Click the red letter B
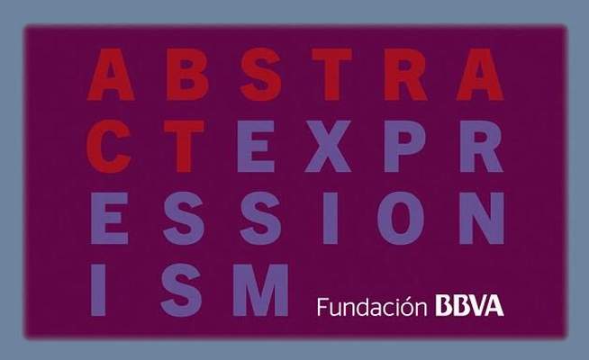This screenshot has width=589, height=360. pos(187,75)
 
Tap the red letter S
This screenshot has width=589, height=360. pos(260,75)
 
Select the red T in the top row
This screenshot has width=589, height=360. pos(331,75)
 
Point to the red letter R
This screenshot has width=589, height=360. pos(405,75)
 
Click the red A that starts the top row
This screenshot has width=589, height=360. pos(111,75)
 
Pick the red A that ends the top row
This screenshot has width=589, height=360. pos(480,75)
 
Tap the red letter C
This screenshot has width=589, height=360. pos(109,147)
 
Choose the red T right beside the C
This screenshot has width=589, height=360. pos(184,147)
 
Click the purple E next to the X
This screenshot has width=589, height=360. pos(256,147)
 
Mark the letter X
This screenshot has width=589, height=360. pos(328,147)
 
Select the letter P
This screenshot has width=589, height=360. pos(404,147)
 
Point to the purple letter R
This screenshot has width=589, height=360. pos(481,147)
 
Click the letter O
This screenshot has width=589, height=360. pos(401,219)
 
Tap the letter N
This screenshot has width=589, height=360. pos(482,219)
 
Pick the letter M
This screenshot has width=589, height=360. pos(260,290)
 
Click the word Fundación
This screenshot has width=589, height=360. pos(372,307)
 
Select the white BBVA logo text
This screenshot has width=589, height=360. pos(469,306)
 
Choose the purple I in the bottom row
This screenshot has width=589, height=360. pos(98,290)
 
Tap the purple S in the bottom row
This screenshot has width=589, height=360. pos(181,290)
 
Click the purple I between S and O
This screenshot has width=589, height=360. pos(331,219)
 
